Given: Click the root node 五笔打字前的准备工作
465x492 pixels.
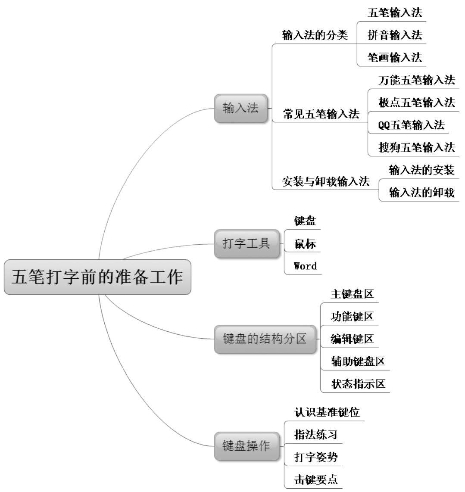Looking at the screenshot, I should click(97, 277).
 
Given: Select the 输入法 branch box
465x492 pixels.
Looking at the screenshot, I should click(241, 108).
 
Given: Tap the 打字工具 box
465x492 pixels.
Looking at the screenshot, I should click(247, 243).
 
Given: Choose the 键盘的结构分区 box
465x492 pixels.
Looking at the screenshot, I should click(265, 339).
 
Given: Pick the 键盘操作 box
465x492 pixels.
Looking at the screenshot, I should click(247, 445).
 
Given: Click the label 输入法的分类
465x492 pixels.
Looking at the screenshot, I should click(315, 35).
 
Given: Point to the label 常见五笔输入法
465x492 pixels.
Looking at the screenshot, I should click(321, 114).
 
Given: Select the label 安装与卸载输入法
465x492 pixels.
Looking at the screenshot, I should click(326, 181).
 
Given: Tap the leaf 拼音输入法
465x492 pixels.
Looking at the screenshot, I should click(395, 35).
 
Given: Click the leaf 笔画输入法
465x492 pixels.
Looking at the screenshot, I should click(395, 57).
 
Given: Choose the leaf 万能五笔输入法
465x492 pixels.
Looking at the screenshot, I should click(417, 80).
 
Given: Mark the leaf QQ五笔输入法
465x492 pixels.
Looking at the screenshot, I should click(411, 125).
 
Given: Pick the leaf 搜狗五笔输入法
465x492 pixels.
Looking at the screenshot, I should click(417, 147).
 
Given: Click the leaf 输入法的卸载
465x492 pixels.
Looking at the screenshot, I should click(421, 192).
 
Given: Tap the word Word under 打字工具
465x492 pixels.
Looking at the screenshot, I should click(305, 266).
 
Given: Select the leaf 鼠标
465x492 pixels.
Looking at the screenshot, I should click(305, 244).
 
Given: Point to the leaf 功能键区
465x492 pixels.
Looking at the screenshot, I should click(352, 317).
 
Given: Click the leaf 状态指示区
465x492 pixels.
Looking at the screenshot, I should click(358, 383).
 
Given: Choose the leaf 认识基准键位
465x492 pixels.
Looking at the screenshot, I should click(327, 412).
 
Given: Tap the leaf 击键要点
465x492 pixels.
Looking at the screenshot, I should click(316, 480).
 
